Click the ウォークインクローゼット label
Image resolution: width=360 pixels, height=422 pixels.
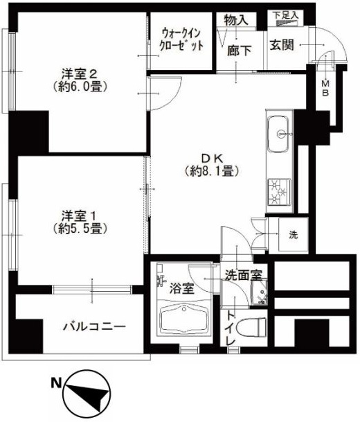183,39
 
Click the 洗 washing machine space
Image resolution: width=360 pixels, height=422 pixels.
294,234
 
